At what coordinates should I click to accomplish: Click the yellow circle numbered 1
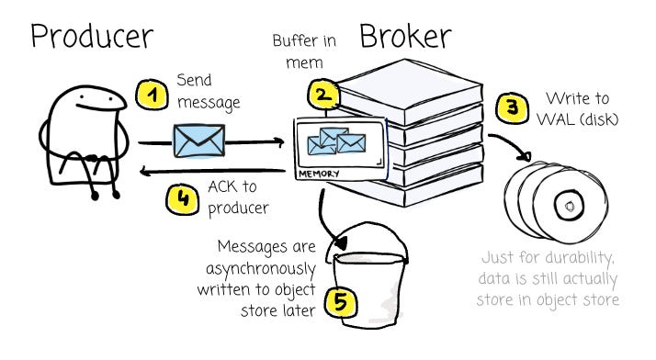coord(152,95)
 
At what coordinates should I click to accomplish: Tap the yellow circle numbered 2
coord(323,95)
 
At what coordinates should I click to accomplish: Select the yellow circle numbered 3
coord(512,107)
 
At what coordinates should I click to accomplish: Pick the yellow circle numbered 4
coord(183,199)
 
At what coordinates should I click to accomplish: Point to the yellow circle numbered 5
coord(342,301)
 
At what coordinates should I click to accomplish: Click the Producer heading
coord(92,37)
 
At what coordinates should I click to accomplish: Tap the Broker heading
coord(405,36)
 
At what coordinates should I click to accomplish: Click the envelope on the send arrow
coord(198,141)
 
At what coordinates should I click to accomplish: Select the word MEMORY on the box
coord(319,174)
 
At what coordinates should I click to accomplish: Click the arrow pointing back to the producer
coord(212,171)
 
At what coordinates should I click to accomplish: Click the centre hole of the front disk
coord(569,206)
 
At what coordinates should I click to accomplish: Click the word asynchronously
coord(261,269)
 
